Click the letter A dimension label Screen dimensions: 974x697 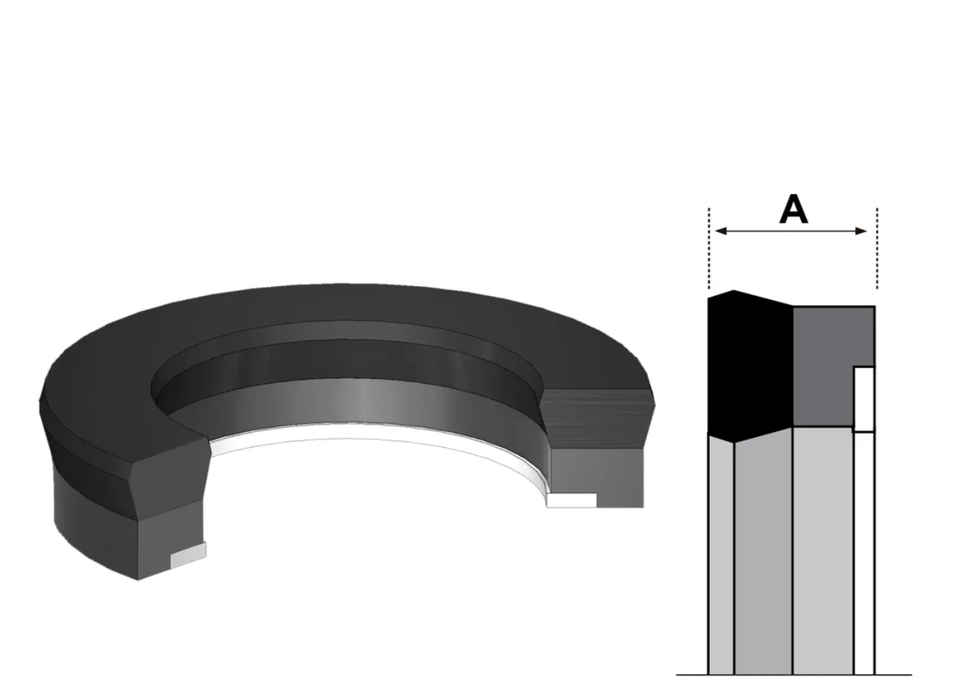tap(794, 209)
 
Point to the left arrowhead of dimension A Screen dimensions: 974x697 tap(721, 231)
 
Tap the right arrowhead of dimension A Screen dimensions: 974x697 tap(861, 231)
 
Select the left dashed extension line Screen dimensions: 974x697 tap(709, 248)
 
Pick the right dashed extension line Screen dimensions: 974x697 tap(877, 248)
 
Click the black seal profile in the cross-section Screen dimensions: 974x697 tap(750, 368)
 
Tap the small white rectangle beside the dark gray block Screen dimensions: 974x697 tap(864, 400)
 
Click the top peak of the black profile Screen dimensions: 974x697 tap(734, 291)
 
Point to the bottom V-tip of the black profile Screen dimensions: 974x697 tap(734, 443)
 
